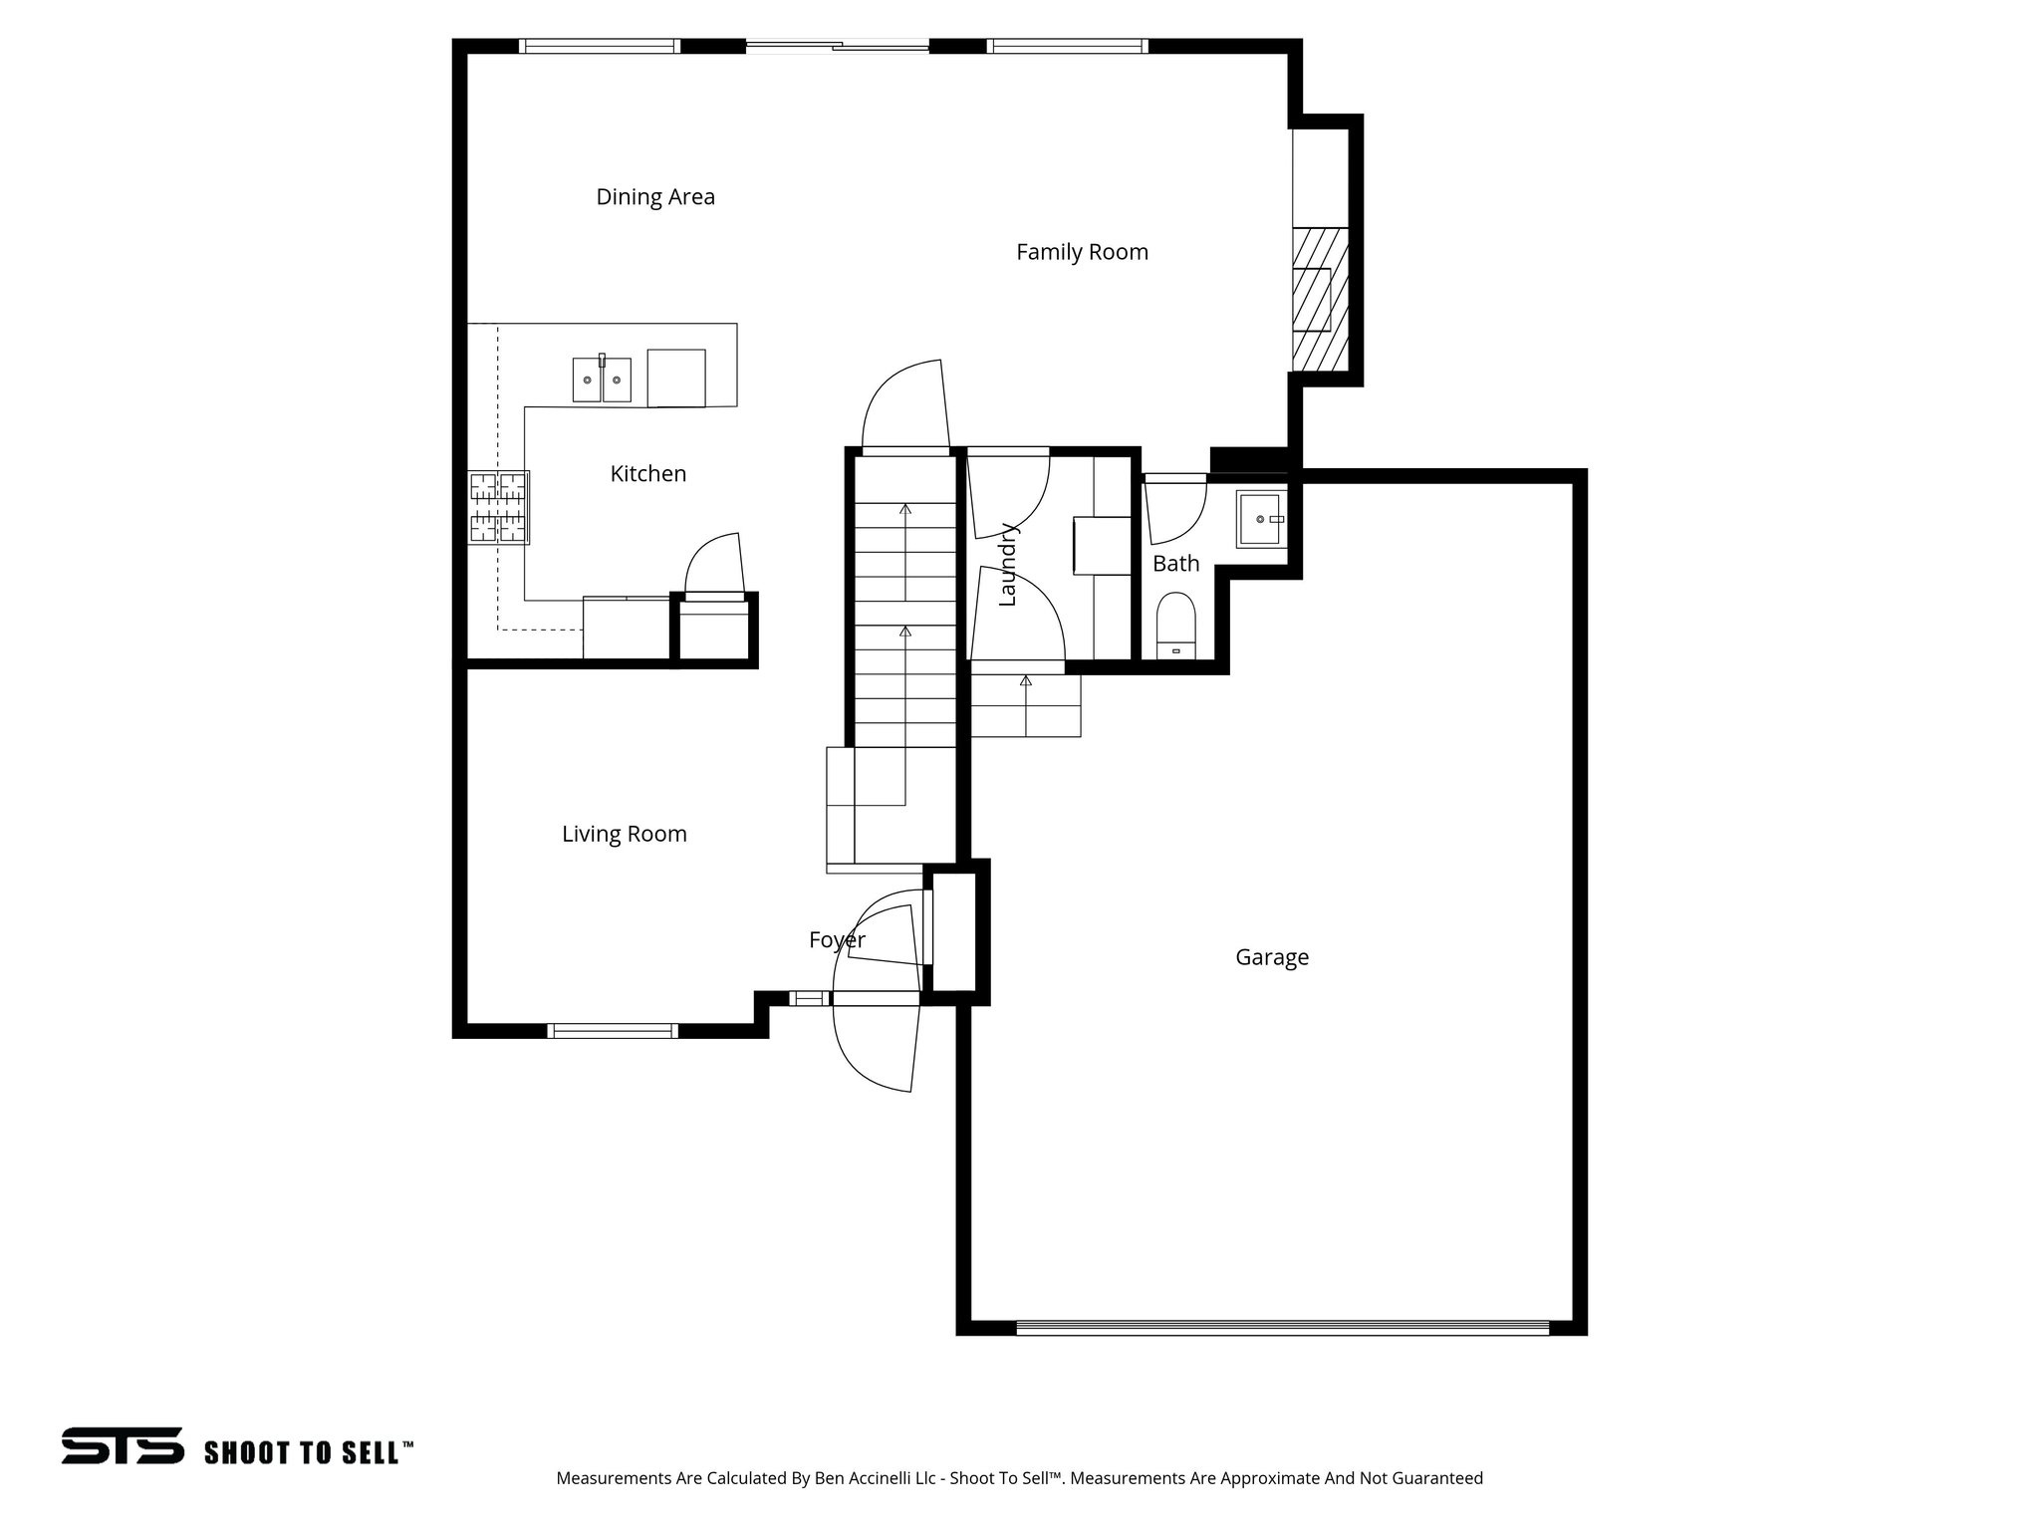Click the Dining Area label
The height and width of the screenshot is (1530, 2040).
655,197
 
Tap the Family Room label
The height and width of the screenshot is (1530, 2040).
1082,252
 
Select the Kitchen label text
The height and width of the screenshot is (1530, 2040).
647,474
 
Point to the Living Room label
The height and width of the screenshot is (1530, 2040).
624,834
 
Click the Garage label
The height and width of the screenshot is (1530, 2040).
1271,957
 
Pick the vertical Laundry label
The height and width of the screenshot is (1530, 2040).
1007,564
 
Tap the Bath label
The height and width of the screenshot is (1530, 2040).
1175,564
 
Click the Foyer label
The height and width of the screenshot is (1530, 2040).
837,939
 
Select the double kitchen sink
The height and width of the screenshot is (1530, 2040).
602,380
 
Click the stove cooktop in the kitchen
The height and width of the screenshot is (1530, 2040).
498,507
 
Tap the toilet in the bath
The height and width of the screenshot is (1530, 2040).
1176,625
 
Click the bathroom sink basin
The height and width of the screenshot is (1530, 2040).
1261,519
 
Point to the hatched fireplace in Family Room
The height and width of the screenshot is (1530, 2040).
1321,299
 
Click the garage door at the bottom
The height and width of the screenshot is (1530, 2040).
1282,1327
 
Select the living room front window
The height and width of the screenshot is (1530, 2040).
614,1031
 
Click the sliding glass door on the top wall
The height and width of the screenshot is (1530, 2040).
837,46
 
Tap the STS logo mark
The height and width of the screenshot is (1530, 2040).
123,1445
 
